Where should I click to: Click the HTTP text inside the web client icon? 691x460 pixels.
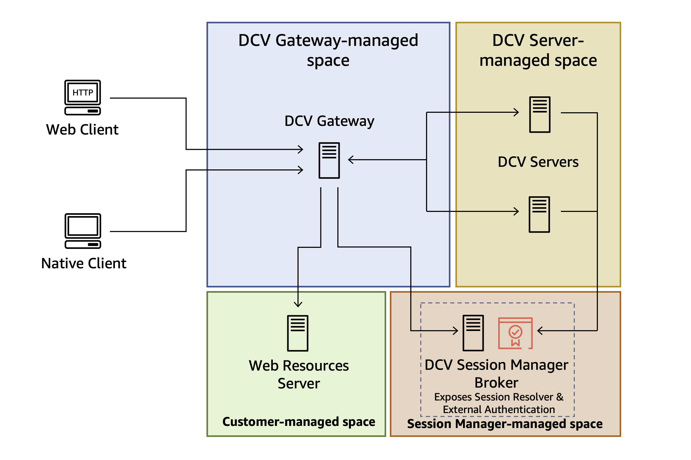click(x=83, y=93)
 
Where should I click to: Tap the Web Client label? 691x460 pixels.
click(x=82, y=130)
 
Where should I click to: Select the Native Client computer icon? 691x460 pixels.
click(x=83, y=231)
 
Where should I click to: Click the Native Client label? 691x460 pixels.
click(x=84, y=263)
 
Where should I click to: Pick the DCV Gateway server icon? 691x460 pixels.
click(x=329, y=160)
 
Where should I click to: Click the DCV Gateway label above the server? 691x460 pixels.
click(x=329, y=121)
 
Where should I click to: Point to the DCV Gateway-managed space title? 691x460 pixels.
click(x=328, y=50)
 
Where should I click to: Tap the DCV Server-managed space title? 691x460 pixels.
click(x=538, y=50)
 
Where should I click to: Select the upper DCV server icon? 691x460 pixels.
click(x=539, y=114)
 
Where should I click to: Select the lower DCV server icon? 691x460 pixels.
click(x=539, y=215)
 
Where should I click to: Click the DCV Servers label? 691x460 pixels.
click(x=538, y=162)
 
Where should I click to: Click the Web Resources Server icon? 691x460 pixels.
click(x=297, y=333)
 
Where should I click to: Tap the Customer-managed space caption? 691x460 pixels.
click(x=298, y=421)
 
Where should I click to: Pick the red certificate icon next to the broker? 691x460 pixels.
click(x=515, y=333)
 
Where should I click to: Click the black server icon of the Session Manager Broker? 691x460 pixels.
click(x=473, y=333)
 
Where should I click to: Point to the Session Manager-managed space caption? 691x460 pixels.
click(x=505, y=424)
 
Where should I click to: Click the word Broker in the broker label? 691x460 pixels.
click(x=496, y=383)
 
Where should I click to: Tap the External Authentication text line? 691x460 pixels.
click(x=498, y=409)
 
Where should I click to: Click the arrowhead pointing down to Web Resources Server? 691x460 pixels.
click(x=298, y=305)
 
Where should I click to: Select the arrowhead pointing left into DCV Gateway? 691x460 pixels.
click(x=350, y=160)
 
